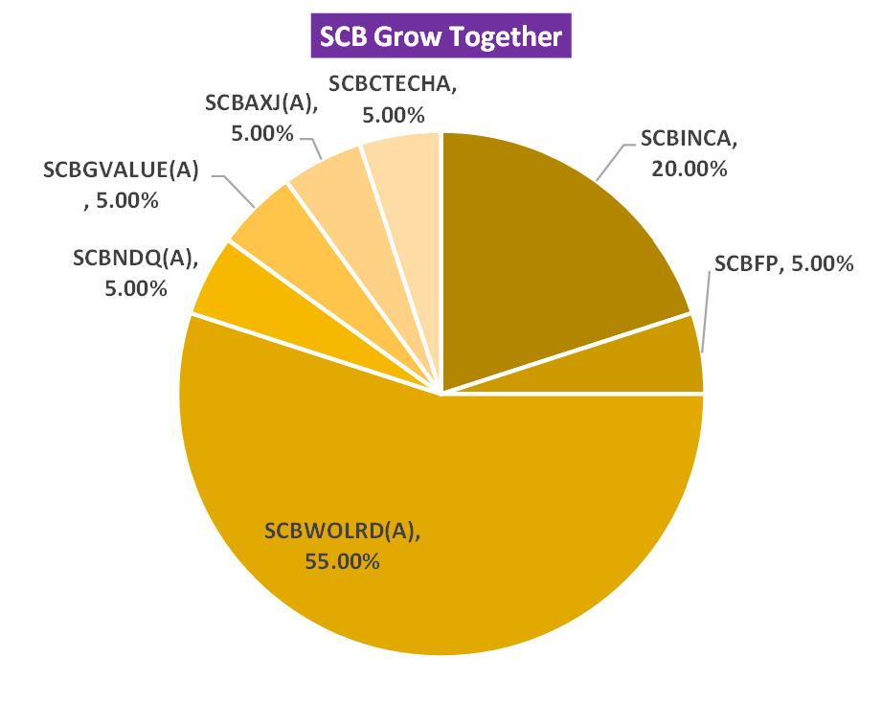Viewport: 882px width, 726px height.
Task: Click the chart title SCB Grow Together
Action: coord(440,37)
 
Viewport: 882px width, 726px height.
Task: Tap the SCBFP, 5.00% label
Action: coord(783,264)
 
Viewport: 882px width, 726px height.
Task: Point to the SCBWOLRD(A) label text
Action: coord(342,531)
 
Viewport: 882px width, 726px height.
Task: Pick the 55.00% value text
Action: coord(342,561)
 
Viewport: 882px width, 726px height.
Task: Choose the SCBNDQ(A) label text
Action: coord(134,257)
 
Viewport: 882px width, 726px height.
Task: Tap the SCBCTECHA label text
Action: coord(393,83)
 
